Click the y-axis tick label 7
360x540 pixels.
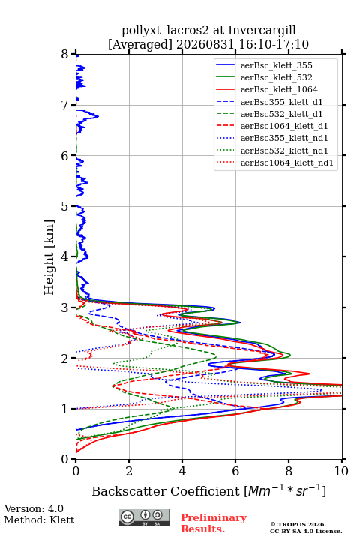[65, 105]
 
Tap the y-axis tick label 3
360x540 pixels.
[65, 307]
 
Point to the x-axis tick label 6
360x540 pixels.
[235, 471]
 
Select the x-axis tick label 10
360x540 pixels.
[341, 471]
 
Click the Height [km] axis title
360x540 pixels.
[49, 257]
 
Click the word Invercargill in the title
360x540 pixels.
[262, 31]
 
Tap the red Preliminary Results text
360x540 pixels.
[214, 523]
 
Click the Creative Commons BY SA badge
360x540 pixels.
[144, 517]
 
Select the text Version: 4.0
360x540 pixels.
[34, 508]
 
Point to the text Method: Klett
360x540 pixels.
[39, 520]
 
